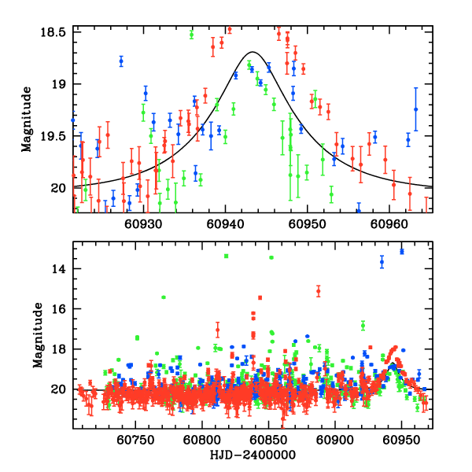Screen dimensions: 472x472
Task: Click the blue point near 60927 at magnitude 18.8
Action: tap(121, 61)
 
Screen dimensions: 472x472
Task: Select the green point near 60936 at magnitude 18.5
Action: tap(191, 34)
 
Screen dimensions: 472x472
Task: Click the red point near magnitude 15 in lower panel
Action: tap(319, 291)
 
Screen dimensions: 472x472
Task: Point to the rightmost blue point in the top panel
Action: tap(416, 109)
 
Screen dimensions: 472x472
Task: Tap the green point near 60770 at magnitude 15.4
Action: tap(163, 297)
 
